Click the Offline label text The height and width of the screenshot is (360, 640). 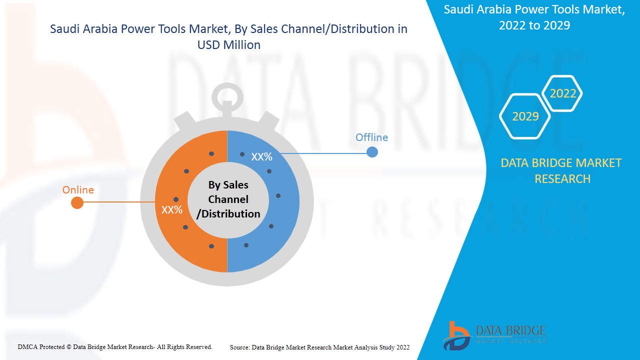(371, 137)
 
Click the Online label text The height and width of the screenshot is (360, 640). (78, 190)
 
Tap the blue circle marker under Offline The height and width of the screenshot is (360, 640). (372, 152)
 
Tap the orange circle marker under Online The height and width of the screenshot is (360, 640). (77, 202)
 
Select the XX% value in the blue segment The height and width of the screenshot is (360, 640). (261, 157)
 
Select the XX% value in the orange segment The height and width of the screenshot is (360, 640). (172, 210)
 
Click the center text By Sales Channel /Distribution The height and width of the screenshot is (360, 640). (228, 199)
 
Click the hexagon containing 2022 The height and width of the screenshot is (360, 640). (562, 93)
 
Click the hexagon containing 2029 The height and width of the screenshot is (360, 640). (525, 116)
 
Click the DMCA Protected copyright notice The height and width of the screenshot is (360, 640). (115, 346)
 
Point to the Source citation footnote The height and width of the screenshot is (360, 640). (319, 347)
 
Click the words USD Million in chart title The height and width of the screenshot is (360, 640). (229, 45)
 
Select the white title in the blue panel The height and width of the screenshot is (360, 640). (534, 17)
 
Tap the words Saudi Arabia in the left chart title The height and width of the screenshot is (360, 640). (80, 29)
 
